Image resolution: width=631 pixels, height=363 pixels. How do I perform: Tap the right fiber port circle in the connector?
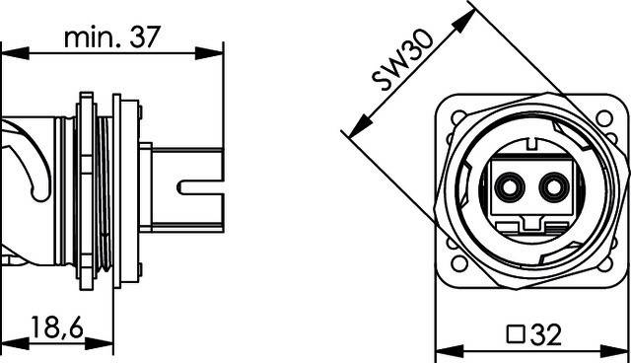556,184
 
